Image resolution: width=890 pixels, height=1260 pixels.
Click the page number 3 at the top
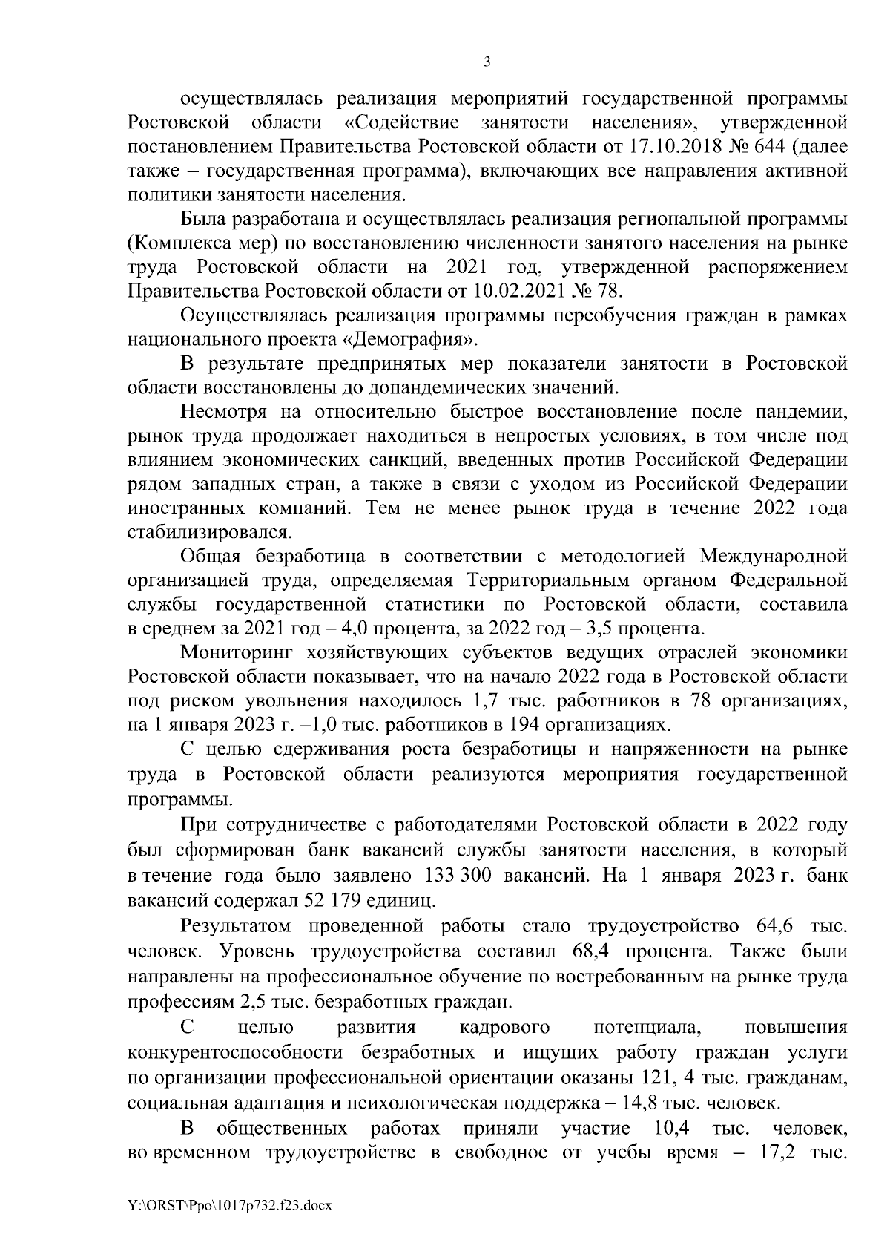pos(487,62)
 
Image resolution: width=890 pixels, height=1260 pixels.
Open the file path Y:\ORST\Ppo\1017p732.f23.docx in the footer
pos(231,1207)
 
